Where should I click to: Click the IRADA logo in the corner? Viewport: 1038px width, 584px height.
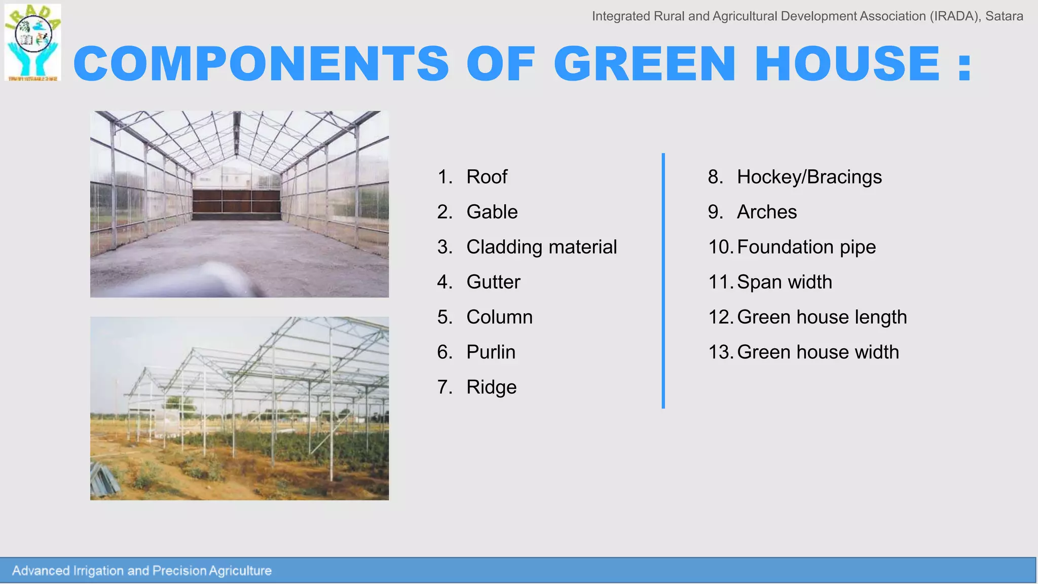click(x=33, y=43)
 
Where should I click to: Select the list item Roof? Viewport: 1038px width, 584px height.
click(x=487, y=177)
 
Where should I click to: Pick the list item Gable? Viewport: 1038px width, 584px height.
click(x=492, y=212)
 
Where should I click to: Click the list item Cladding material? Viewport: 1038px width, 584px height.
click(x=541, y=247)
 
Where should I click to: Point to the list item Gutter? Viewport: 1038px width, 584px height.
click(x=493, y=282)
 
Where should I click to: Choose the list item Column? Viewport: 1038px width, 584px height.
click(x=499, y=317)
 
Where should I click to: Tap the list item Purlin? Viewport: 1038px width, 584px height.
click(x=491, y=352)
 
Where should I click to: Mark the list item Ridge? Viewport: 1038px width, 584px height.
click(x=491, y=387)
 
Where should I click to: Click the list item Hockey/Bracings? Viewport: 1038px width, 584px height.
click(x=809, y=177)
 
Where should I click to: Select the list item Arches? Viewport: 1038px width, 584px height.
click(x=766, y=212)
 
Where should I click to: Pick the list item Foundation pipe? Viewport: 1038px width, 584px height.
click(x=806, y=247)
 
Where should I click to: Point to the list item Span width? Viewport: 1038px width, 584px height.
click(x=784, y=282)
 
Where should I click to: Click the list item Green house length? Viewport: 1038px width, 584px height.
click(x=822, y=317)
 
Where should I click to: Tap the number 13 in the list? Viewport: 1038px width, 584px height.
click(x=720, y=352)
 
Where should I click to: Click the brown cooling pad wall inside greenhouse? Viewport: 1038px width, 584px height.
click(x=236, y=201)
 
